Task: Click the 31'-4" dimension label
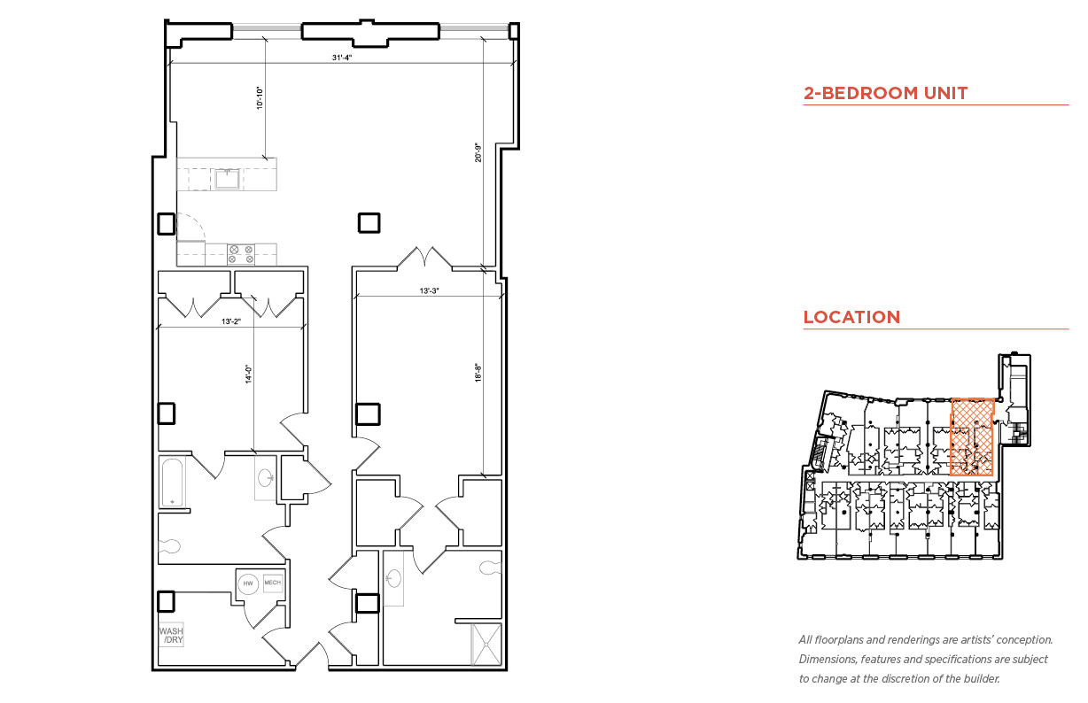[x=342, y=58]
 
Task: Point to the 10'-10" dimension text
[x=260, y=98]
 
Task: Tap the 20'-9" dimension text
[x=478, y=152]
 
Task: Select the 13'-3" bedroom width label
[x=429, y=290]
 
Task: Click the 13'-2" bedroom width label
[x=230, y=321]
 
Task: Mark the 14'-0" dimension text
[x=249, y=375]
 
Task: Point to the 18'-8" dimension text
[x=478, y=373]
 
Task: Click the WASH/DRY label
[x=172, y=635]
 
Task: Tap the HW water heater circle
[x=248, y=583]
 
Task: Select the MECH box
[x=273, y=583]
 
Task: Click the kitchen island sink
[x=228, y=179]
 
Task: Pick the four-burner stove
[x=241, y=254]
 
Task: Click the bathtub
[x=173, y=483]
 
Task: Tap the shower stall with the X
[x=486, y=645]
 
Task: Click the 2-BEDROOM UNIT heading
[x=885, y=93]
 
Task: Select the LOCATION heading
[x=851, y=317]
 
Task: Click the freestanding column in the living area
[x=369, y=223]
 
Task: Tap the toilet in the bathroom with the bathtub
[x=169, y=546]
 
